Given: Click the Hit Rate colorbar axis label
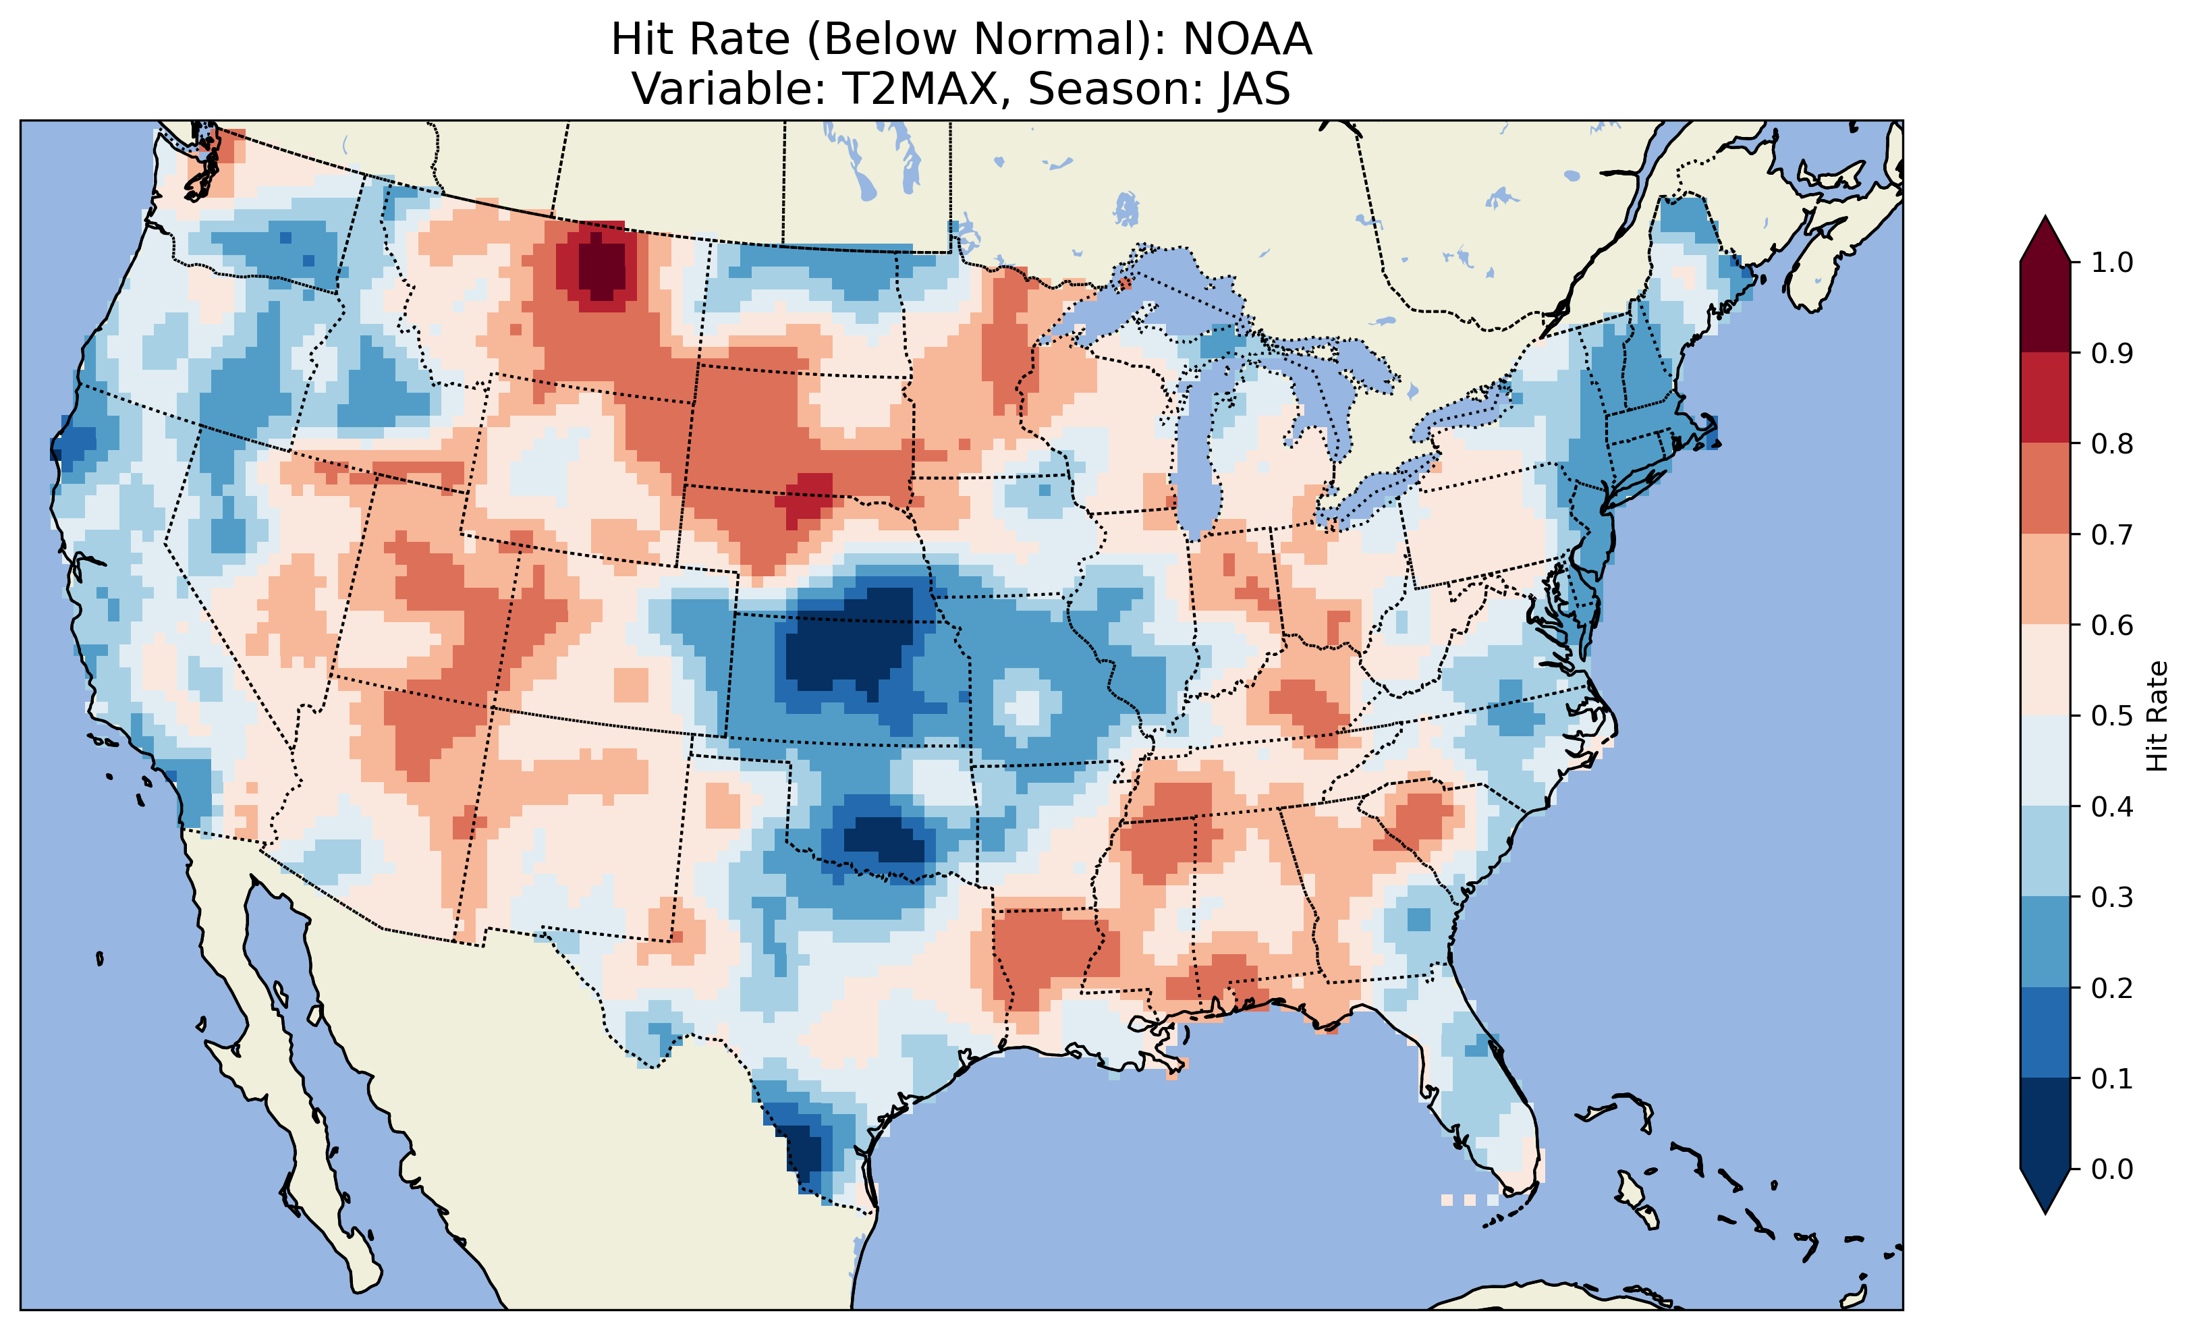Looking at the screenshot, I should pos(2157,716).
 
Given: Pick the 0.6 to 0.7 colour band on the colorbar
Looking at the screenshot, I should pos(2045,579).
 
